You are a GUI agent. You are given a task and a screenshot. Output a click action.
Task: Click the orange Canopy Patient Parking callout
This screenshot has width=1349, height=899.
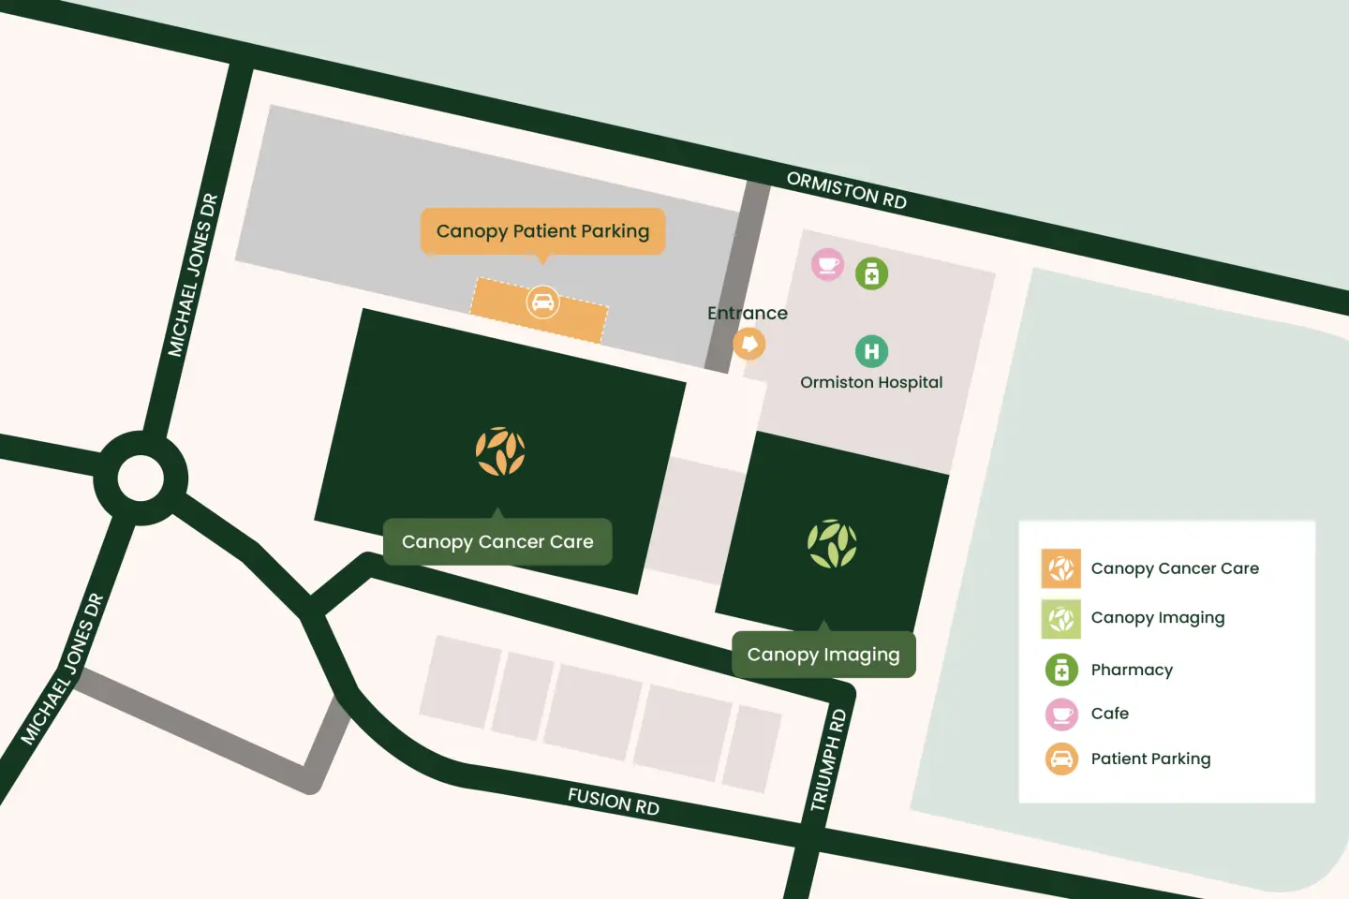(x=542, y=231)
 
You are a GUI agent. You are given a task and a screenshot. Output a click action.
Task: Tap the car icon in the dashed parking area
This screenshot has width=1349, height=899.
(x=542, y=302)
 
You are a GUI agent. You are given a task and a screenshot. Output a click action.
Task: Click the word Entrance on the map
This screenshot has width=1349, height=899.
(x=747, y=313)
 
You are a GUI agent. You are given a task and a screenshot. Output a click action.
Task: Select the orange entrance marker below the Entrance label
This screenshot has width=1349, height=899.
(x=749, y=344)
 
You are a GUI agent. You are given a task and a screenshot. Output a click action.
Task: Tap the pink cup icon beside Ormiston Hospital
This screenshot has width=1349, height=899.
(x=827, y=265)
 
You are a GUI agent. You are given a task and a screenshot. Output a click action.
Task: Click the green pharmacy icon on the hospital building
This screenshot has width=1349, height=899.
(x=871, y=273)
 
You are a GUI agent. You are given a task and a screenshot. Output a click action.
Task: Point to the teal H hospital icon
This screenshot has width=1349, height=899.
(x=871, y=351)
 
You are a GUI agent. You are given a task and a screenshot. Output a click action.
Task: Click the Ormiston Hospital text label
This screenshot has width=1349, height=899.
(x=871, y=382)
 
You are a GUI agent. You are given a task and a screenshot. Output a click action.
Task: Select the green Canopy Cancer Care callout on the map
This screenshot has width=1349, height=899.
(x=497, y=542)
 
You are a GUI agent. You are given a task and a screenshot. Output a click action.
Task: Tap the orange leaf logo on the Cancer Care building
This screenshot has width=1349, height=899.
(x=500, y=451)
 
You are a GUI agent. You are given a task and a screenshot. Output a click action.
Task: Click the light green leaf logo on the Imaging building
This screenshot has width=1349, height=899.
(x=832, y=544)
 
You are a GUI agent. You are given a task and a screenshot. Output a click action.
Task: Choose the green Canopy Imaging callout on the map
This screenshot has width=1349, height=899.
(x=823, y=655)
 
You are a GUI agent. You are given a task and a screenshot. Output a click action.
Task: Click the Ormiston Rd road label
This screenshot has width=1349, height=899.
(x=846, y=190)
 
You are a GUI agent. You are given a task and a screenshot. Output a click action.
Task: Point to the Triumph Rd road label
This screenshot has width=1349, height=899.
(x=827, y=760)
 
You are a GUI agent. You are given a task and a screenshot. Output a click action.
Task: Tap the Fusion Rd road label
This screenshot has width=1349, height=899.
(x=614, y=802)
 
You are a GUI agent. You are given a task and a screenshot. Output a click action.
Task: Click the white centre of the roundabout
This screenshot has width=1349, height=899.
(x=141, y=479)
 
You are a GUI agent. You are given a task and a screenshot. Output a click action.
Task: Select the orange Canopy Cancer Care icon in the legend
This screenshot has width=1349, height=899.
(x=1060, y=568)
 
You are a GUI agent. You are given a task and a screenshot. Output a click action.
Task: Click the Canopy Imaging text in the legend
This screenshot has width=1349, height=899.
(x=1158, y=618)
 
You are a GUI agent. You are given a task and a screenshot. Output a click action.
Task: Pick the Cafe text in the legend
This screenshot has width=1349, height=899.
(x=1110, y=714)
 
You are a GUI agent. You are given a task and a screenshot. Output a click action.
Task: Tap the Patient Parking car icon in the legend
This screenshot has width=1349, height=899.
(x=1061, y=759)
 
